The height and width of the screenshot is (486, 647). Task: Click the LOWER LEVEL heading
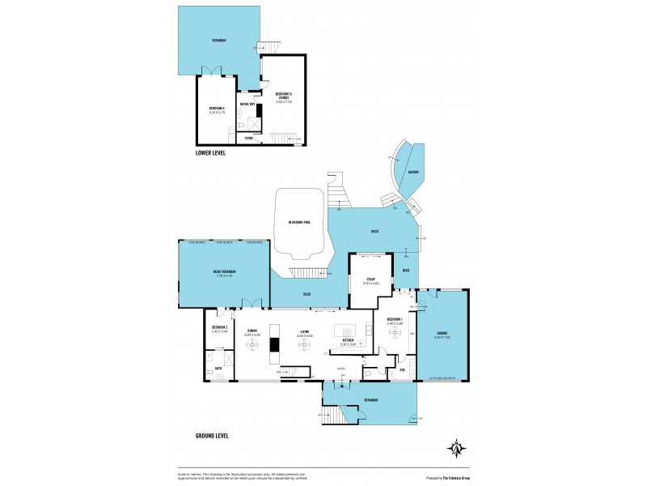[210, 152]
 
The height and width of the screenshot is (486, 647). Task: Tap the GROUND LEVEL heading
[212, 435]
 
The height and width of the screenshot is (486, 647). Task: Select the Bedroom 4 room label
[216, 109]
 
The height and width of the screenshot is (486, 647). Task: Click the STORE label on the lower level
[249, 139]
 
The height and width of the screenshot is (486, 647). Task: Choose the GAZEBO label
[413, 172]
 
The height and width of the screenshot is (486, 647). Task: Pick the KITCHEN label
[348, 342]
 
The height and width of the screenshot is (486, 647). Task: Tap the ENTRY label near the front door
[342, 369]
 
